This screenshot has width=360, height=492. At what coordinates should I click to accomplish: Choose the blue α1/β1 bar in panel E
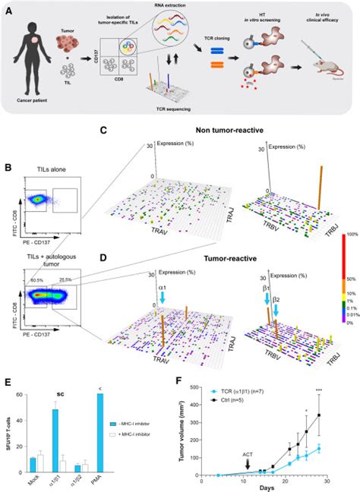coord(54,443)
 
